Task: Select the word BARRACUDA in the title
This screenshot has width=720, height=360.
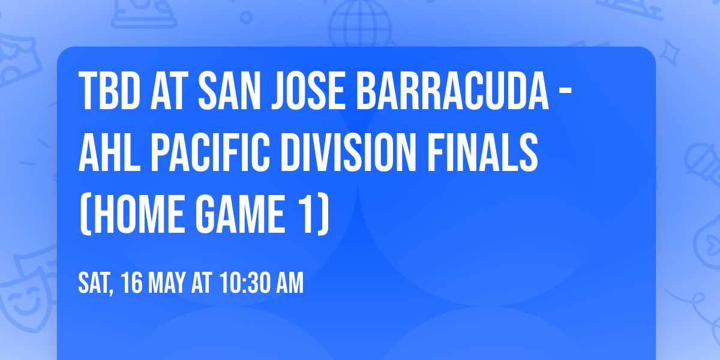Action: (454, 91)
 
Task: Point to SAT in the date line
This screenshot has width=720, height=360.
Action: (95, 283)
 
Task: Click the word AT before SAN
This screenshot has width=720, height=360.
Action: (170, 91)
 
